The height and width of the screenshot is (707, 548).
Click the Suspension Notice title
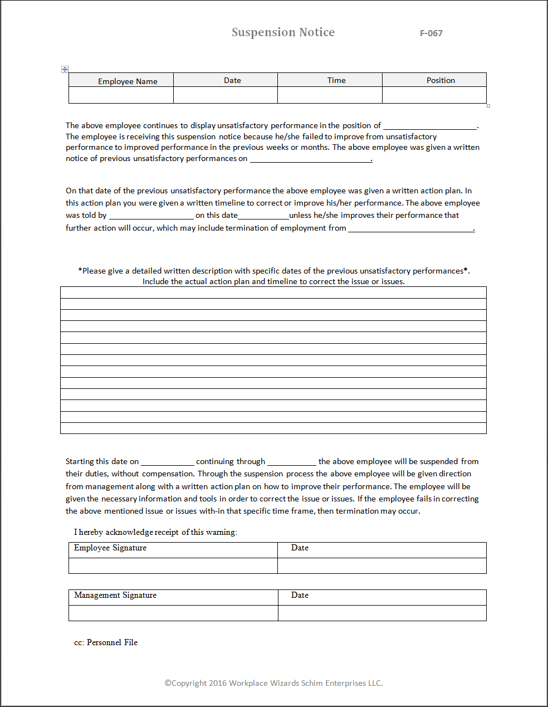tap(283, 32)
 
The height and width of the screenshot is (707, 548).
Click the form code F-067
tap(431, 33)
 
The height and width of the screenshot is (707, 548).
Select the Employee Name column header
tap(128, 81)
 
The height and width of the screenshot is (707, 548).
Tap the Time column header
tap(336, 80)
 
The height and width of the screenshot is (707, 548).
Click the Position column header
tap(441, 80)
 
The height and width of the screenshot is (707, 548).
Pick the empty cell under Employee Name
tap(121, 95)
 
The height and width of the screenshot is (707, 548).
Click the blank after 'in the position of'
tap(430, 126)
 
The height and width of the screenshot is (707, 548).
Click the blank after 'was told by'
tap(151, 216)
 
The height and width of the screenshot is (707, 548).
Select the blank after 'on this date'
tap(263, 216)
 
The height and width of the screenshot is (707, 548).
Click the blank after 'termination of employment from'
tap(410, 228)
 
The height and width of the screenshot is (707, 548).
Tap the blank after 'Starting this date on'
tap(167, 462)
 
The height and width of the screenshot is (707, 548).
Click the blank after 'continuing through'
tap(291, 462)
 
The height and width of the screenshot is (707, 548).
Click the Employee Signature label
tap(110, 548)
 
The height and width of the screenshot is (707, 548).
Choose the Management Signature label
tap(115, 595)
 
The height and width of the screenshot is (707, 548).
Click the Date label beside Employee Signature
tap(300, 548)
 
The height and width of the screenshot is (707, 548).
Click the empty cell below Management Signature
tap(173, 613)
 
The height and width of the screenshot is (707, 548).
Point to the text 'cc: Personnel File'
tap(106, 642)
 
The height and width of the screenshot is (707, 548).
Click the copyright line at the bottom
tap(273, 683)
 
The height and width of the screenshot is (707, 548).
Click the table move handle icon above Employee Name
tap(65, 69)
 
